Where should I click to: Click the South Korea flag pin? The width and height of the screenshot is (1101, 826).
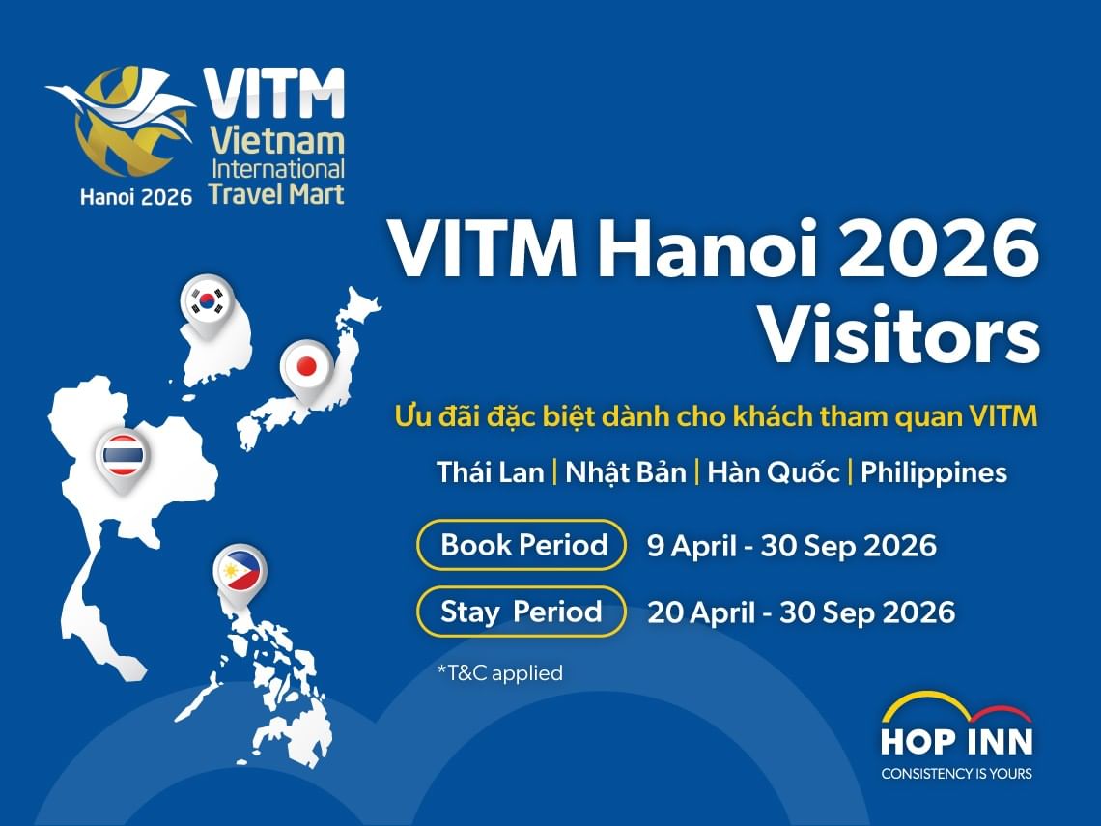pos(208,300)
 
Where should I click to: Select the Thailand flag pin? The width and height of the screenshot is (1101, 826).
pos(123,455)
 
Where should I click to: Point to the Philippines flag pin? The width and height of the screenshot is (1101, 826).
pos(240,574)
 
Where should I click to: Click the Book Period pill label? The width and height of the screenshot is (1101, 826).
pos(523,545)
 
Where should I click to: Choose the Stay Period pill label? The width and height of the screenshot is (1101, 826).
pos(522,612)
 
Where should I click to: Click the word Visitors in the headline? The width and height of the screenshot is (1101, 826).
pos(898,334)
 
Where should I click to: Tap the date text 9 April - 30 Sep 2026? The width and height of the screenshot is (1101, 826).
pos(791,546)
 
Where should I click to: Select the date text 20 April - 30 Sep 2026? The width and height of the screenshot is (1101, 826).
pos(801,612)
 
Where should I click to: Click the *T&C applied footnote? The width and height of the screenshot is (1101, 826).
pos(499,672)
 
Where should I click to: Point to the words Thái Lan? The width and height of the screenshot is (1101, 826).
pos(490,472)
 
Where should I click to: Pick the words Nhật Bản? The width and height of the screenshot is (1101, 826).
pos(625,472)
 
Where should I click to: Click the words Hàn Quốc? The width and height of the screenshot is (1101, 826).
pos(773,472)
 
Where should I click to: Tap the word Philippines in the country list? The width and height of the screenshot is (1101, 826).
pos(933,472)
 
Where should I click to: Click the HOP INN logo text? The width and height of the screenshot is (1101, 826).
pos(956,741)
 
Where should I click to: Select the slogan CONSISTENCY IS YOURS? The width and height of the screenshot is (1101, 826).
pos(956,773)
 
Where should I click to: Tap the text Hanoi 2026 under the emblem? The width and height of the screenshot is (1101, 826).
pos(136,194)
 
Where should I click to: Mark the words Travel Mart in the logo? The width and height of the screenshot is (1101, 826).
pos(275,192)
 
